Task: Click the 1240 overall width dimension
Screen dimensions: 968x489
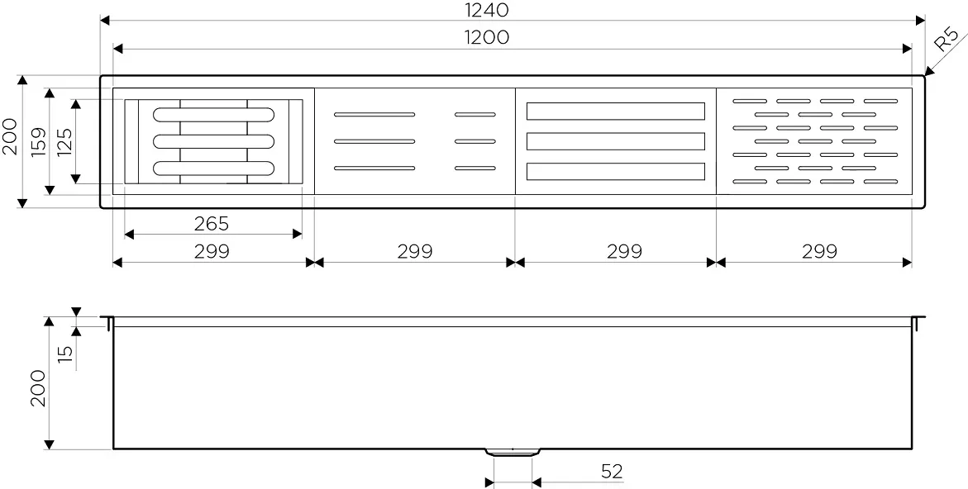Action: (487, 10)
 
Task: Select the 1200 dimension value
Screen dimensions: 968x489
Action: (487, 38)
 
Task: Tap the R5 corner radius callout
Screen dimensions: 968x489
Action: (947, 39)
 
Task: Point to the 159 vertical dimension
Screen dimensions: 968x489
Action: (40, 142)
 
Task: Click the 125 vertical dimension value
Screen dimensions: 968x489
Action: (64, 142)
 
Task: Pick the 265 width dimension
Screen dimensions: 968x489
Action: (211, 223)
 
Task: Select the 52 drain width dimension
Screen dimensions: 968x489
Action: (612, 472)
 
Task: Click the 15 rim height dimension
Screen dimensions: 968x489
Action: (64, 352)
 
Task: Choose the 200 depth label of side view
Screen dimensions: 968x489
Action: (38, 388)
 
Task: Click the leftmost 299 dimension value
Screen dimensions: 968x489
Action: (212, 251)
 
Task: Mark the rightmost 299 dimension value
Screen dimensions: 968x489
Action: (819, 251)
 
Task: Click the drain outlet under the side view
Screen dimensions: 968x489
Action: (513, 452)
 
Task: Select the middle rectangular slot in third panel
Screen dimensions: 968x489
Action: (616, 141)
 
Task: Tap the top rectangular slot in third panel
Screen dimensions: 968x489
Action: (616, 111)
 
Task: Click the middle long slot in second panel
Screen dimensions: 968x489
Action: (374, 141)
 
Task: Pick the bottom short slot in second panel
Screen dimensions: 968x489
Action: (475, 169)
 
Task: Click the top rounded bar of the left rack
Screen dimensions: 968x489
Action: (213, 114)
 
